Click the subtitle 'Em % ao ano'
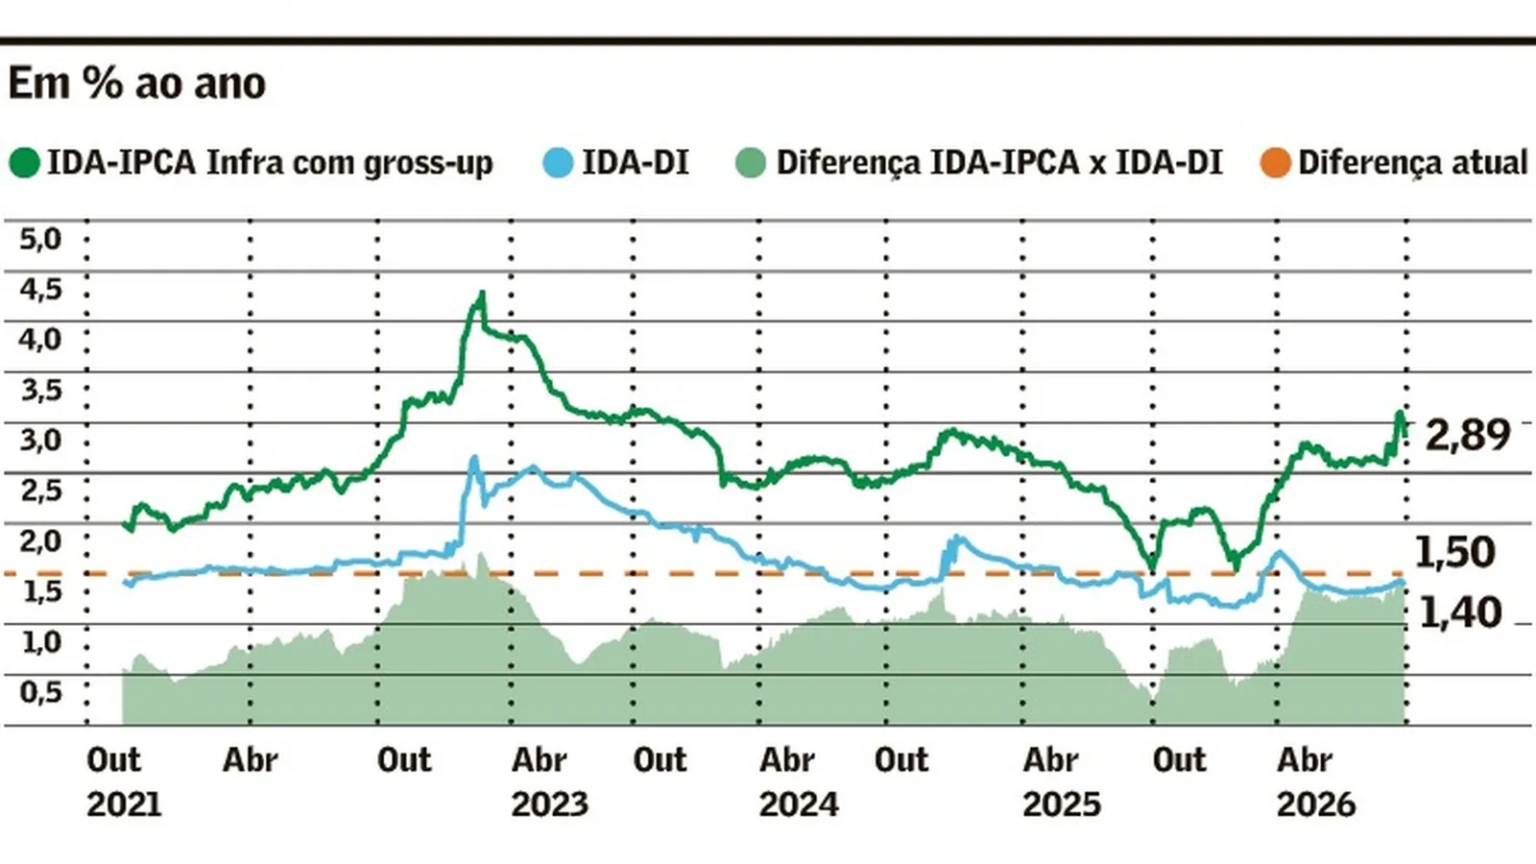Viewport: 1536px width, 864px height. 136,84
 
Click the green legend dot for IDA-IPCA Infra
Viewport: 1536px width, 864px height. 25,163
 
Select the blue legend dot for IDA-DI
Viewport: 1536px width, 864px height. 558,163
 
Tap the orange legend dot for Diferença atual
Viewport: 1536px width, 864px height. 1276,163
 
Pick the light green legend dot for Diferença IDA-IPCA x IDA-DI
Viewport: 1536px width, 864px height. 751,163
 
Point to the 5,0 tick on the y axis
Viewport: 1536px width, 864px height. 40,239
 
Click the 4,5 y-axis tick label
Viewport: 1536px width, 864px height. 40,289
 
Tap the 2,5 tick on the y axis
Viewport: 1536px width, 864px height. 40,491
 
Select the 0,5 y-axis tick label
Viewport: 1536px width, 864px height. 40,692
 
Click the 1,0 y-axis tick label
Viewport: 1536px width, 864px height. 40,642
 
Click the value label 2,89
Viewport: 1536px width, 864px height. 1468,435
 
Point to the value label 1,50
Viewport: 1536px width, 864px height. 1454,553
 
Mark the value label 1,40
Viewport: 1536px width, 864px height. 1460,612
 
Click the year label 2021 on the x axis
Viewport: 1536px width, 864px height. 124,804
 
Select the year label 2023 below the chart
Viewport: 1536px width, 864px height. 550,804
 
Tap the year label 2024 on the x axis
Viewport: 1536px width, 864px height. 799,804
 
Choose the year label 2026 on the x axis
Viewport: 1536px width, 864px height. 1316,804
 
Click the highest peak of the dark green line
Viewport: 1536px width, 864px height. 482,293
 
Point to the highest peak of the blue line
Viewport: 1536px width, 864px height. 474,457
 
